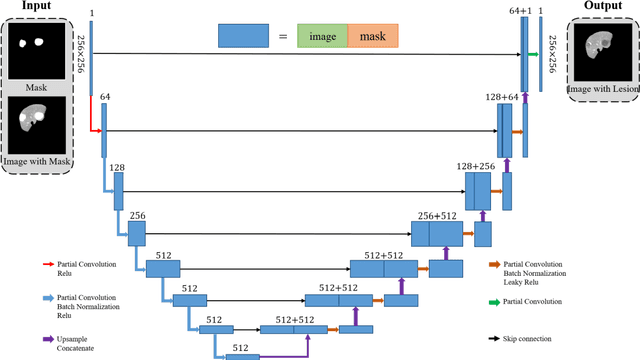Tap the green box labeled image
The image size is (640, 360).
click(x=322, y=38)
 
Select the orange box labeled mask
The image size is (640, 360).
click(x=372, y=38)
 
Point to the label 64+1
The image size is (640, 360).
click(x=520, y=10)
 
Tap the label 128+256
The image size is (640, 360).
click(x=476, y=165)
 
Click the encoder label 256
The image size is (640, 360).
click(x=137, y=214)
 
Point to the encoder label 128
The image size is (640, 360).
click(x=117, y=167)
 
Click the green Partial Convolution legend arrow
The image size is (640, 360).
click(x=494, y=300)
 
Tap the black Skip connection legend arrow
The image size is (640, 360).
click(x=494, y=340)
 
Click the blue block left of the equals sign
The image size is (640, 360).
click(x=242, y=38)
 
